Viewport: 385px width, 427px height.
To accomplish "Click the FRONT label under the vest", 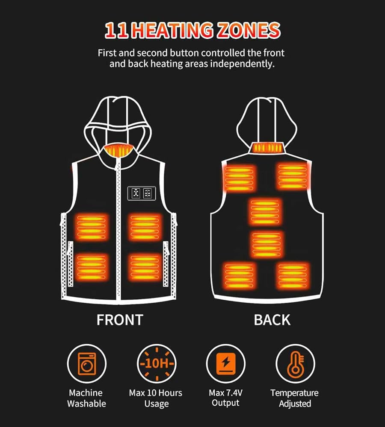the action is tap(120, 319).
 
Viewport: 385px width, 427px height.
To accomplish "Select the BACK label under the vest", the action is tap(272, 319).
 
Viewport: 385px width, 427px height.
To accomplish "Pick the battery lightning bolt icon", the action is tap(225, 364).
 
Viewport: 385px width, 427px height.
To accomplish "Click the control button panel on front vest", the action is tap(140, 193).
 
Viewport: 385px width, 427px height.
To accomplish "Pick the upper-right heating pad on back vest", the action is tap(293, 175).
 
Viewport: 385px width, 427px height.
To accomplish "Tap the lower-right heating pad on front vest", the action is tap(145, 267).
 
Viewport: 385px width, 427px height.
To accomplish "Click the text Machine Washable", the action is tap(86, 398).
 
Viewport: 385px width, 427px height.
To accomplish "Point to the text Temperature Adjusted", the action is tap(294, 398).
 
